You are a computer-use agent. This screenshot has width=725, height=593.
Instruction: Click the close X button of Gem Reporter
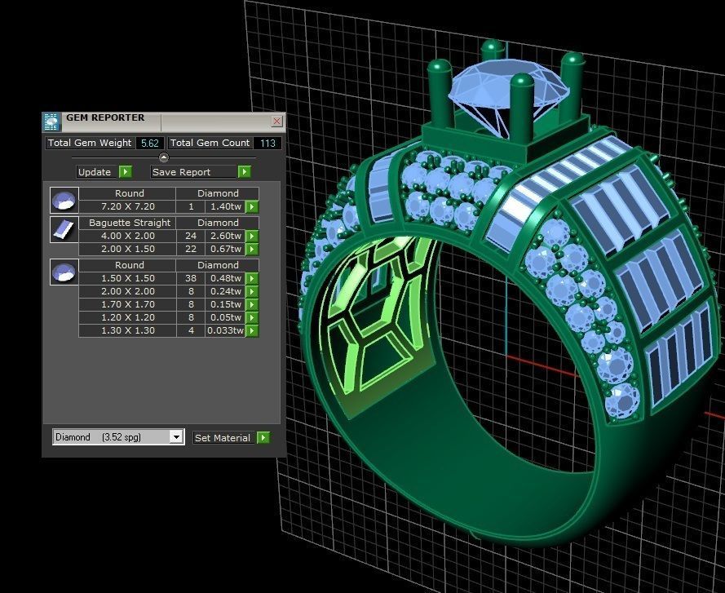[276, 122]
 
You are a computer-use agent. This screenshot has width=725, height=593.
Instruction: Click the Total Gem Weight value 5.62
[149, 143]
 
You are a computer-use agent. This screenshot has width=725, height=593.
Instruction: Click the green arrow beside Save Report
[244, 172]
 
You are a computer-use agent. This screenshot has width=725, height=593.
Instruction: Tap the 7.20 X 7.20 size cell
[127, 206]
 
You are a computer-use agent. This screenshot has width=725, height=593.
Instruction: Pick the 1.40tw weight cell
[225, 206]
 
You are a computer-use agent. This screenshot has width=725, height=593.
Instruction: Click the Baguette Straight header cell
[129, 223]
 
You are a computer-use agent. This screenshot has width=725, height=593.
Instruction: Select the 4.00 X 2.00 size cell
[127, 236]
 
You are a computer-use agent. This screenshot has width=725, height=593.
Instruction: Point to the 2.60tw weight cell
[225, 236]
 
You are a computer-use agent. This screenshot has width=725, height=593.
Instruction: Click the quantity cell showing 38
[190, 278]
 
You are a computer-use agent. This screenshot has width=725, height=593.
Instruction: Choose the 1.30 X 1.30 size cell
[127, 330]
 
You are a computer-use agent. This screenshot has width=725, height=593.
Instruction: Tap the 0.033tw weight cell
[225, 330]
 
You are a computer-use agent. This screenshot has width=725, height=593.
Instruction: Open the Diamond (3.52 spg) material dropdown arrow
[176, 437]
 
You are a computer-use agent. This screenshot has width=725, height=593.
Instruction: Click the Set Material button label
[223, 438]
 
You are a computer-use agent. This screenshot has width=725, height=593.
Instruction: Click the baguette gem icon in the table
[64, 229]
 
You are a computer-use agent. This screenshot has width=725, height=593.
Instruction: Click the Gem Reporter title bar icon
[51, 122]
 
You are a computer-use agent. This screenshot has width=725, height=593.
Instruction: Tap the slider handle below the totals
[163, 157]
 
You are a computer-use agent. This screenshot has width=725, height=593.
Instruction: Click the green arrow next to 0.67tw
[252, 249]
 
